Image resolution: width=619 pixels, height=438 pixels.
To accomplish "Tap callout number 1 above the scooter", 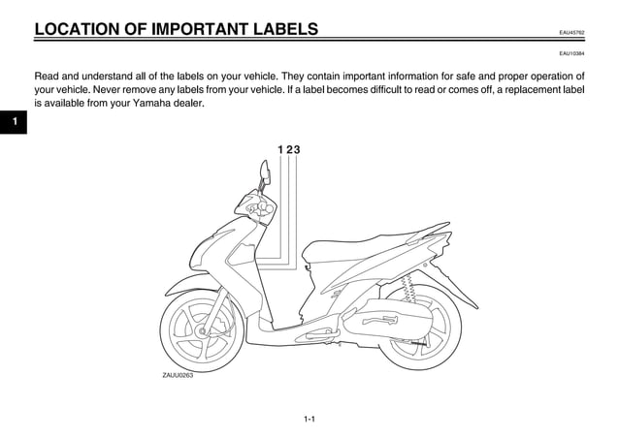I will (x=279, y=149).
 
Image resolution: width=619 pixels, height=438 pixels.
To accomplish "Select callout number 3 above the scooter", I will (x=296, y=149).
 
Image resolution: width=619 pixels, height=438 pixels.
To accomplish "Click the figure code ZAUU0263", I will (x=178, y=375).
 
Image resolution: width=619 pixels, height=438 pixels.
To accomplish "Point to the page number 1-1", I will (x=309, y=419).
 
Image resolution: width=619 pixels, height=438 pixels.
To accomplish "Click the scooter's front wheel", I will (x=202, y=330).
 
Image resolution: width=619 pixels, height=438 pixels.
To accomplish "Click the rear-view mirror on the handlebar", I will (x=263, y=174).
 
